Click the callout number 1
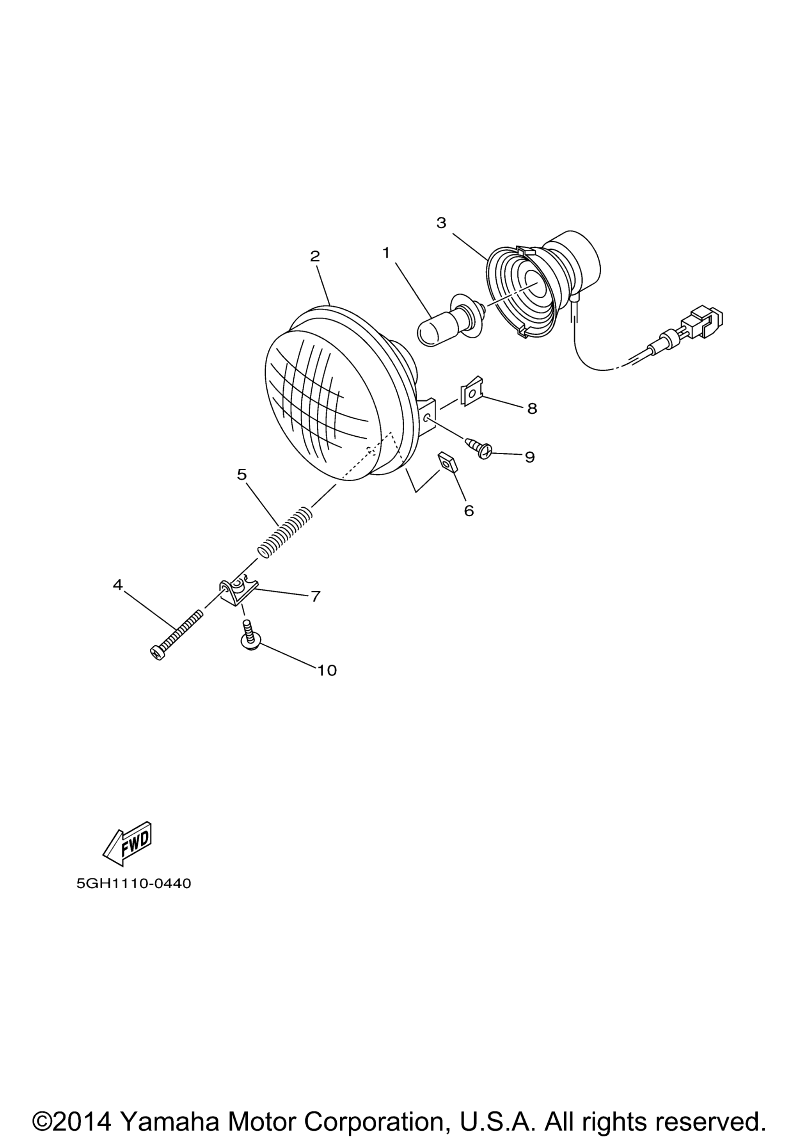pos(386,253)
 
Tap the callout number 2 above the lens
pos(314,256)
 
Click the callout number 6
pos(469,510)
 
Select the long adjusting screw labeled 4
pos(176,635)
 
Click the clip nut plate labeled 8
pos(472,391)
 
